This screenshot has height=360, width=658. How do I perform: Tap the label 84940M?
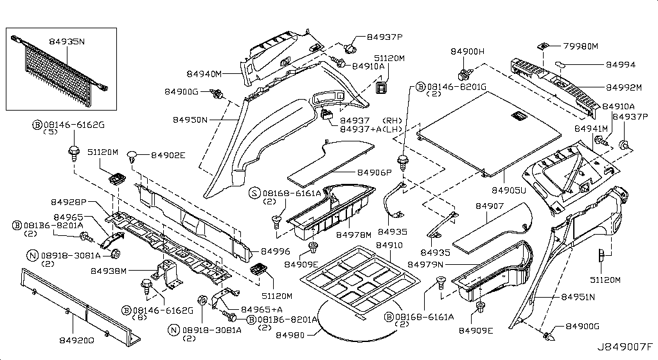click(x=204, y=74)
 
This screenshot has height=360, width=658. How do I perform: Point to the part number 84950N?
click(x=190, y=120)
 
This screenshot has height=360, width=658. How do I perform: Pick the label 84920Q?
click(x=76, y=339)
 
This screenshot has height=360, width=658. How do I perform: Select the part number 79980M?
click(x=581, y=46)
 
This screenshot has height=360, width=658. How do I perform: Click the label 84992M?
click(x=624, y=87)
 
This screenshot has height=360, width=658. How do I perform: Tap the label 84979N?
click(x=438, y=265)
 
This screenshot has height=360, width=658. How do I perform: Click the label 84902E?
click(x=168, y=155)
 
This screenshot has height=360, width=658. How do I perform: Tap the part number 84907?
click(x=490, y=206)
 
